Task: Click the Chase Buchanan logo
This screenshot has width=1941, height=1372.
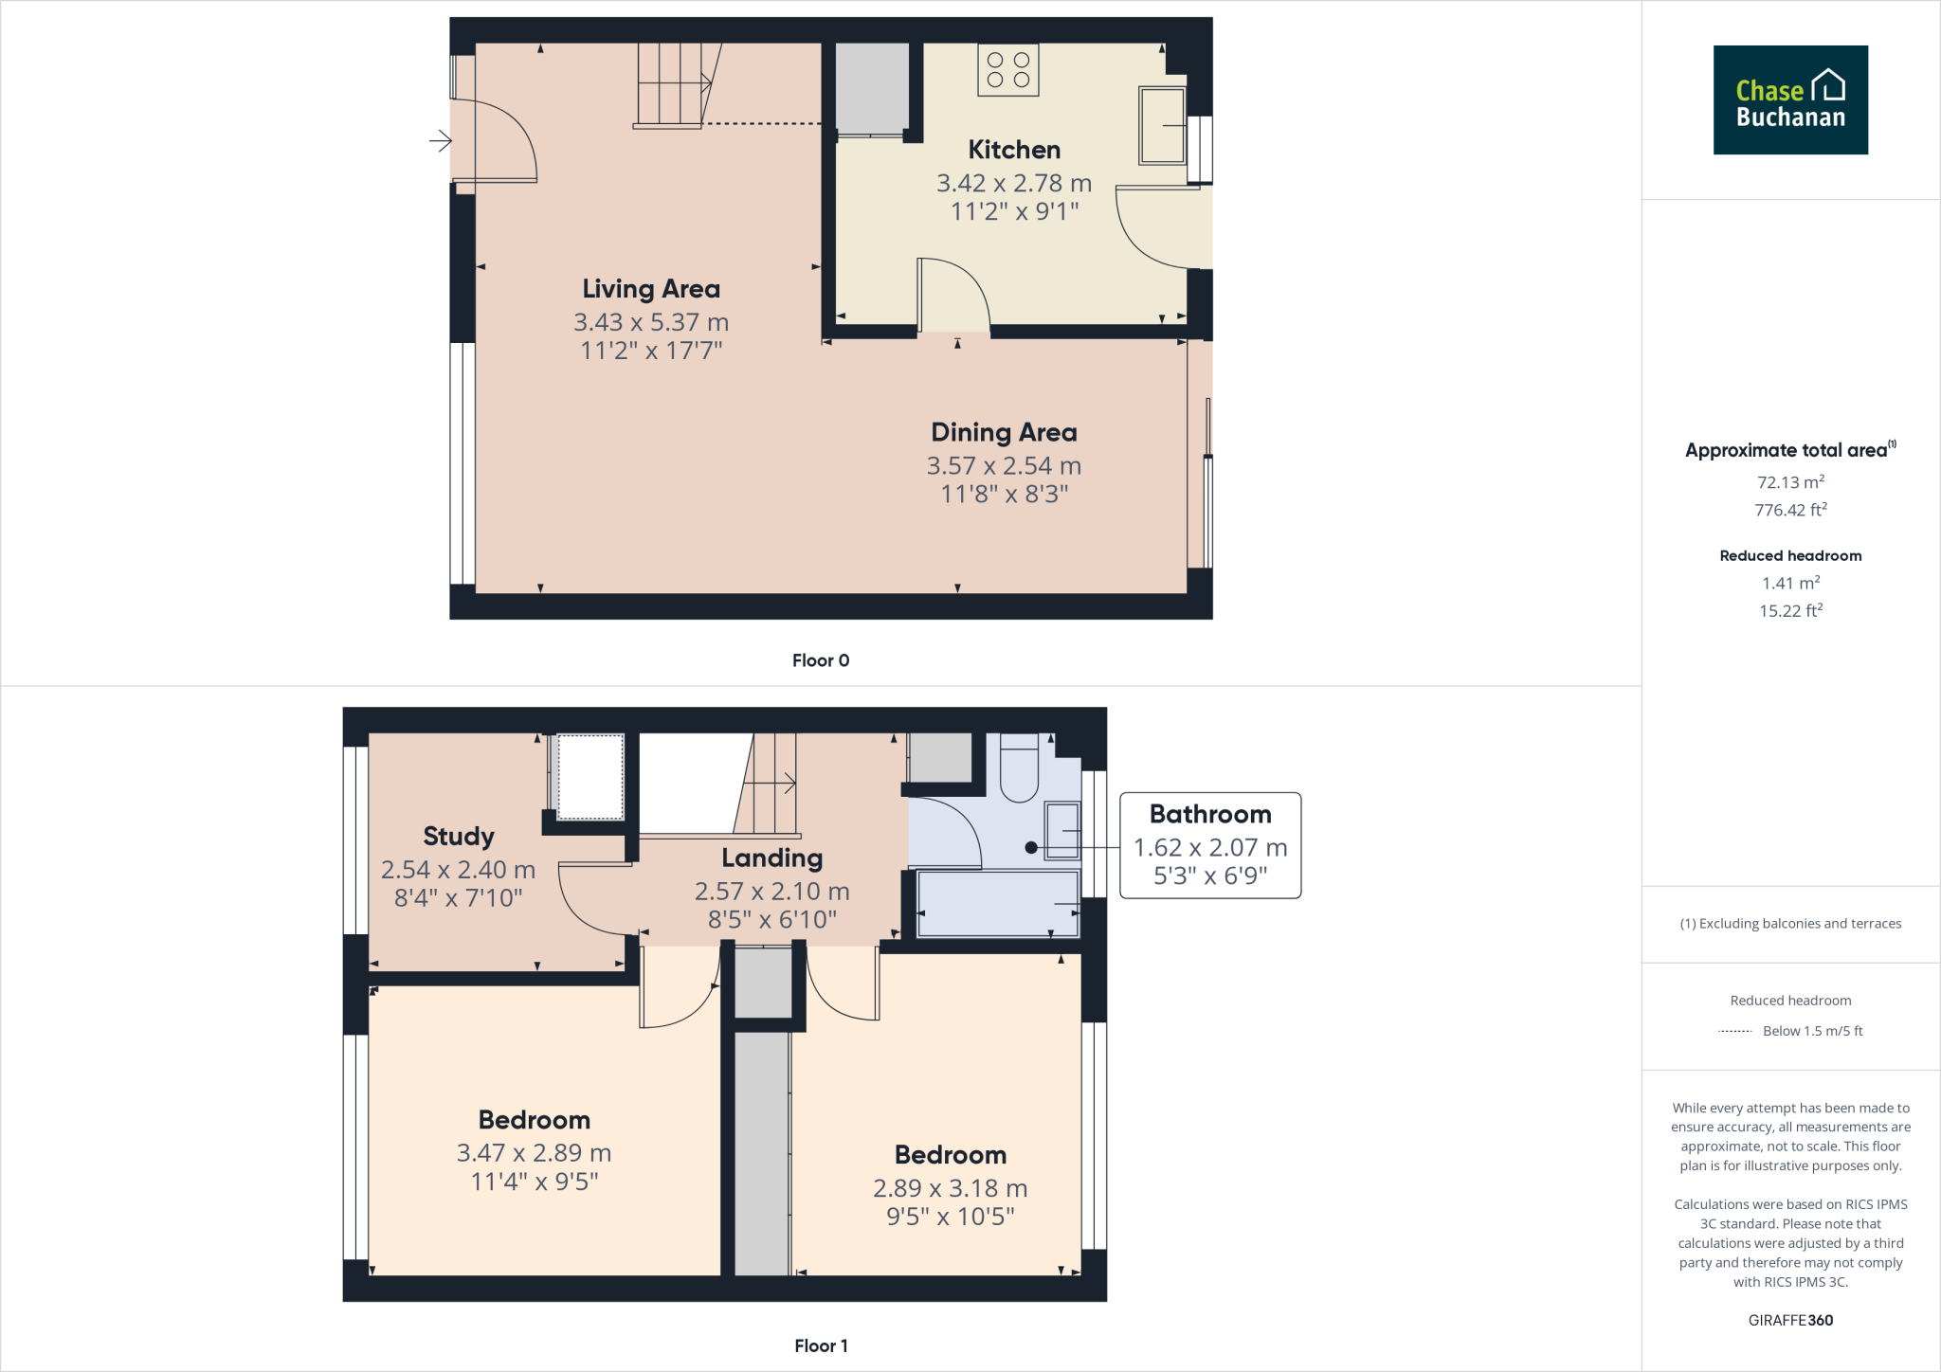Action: point(1789,99)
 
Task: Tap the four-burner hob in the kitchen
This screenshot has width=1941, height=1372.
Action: point(1007,70)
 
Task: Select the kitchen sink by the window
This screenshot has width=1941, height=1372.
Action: point(1161,125)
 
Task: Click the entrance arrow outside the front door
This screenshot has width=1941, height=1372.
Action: point(440,141)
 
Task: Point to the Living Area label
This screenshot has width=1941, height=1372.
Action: point(651,289)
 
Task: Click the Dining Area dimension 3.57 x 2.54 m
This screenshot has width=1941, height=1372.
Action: point(1004,466)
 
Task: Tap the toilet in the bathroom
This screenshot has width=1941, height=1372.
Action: point(1019,769)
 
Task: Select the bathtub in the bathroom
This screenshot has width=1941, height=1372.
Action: point(997,904)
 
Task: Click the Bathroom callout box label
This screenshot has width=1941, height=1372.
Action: point(1209,815)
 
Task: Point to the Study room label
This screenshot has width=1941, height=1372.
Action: point(459,837)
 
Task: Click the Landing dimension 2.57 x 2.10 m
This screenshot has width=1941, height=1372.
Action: point(771,892)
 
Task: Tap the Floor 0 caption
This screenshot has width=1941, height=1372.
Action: point(821,660)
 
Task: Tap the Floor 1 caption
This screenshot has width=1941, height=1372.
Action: point(821,1345)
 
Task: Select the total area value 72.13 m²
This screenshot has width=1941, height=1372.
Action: point(1789,482)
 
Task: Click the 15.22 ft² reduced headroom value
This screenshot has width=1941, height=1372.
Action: point(1789,611)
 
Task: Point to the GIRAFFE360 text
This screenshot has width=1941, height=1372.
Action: point(1789,1320)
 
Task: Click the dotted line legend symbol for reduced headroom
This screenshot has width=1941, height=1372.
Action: point(1734,1031)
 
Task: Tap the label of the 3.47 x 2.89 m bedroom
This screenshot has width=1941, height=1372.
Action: point(534,1120)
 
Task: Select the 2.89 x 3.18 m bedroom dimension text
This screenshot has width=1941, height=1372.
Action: point(950,1188)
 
